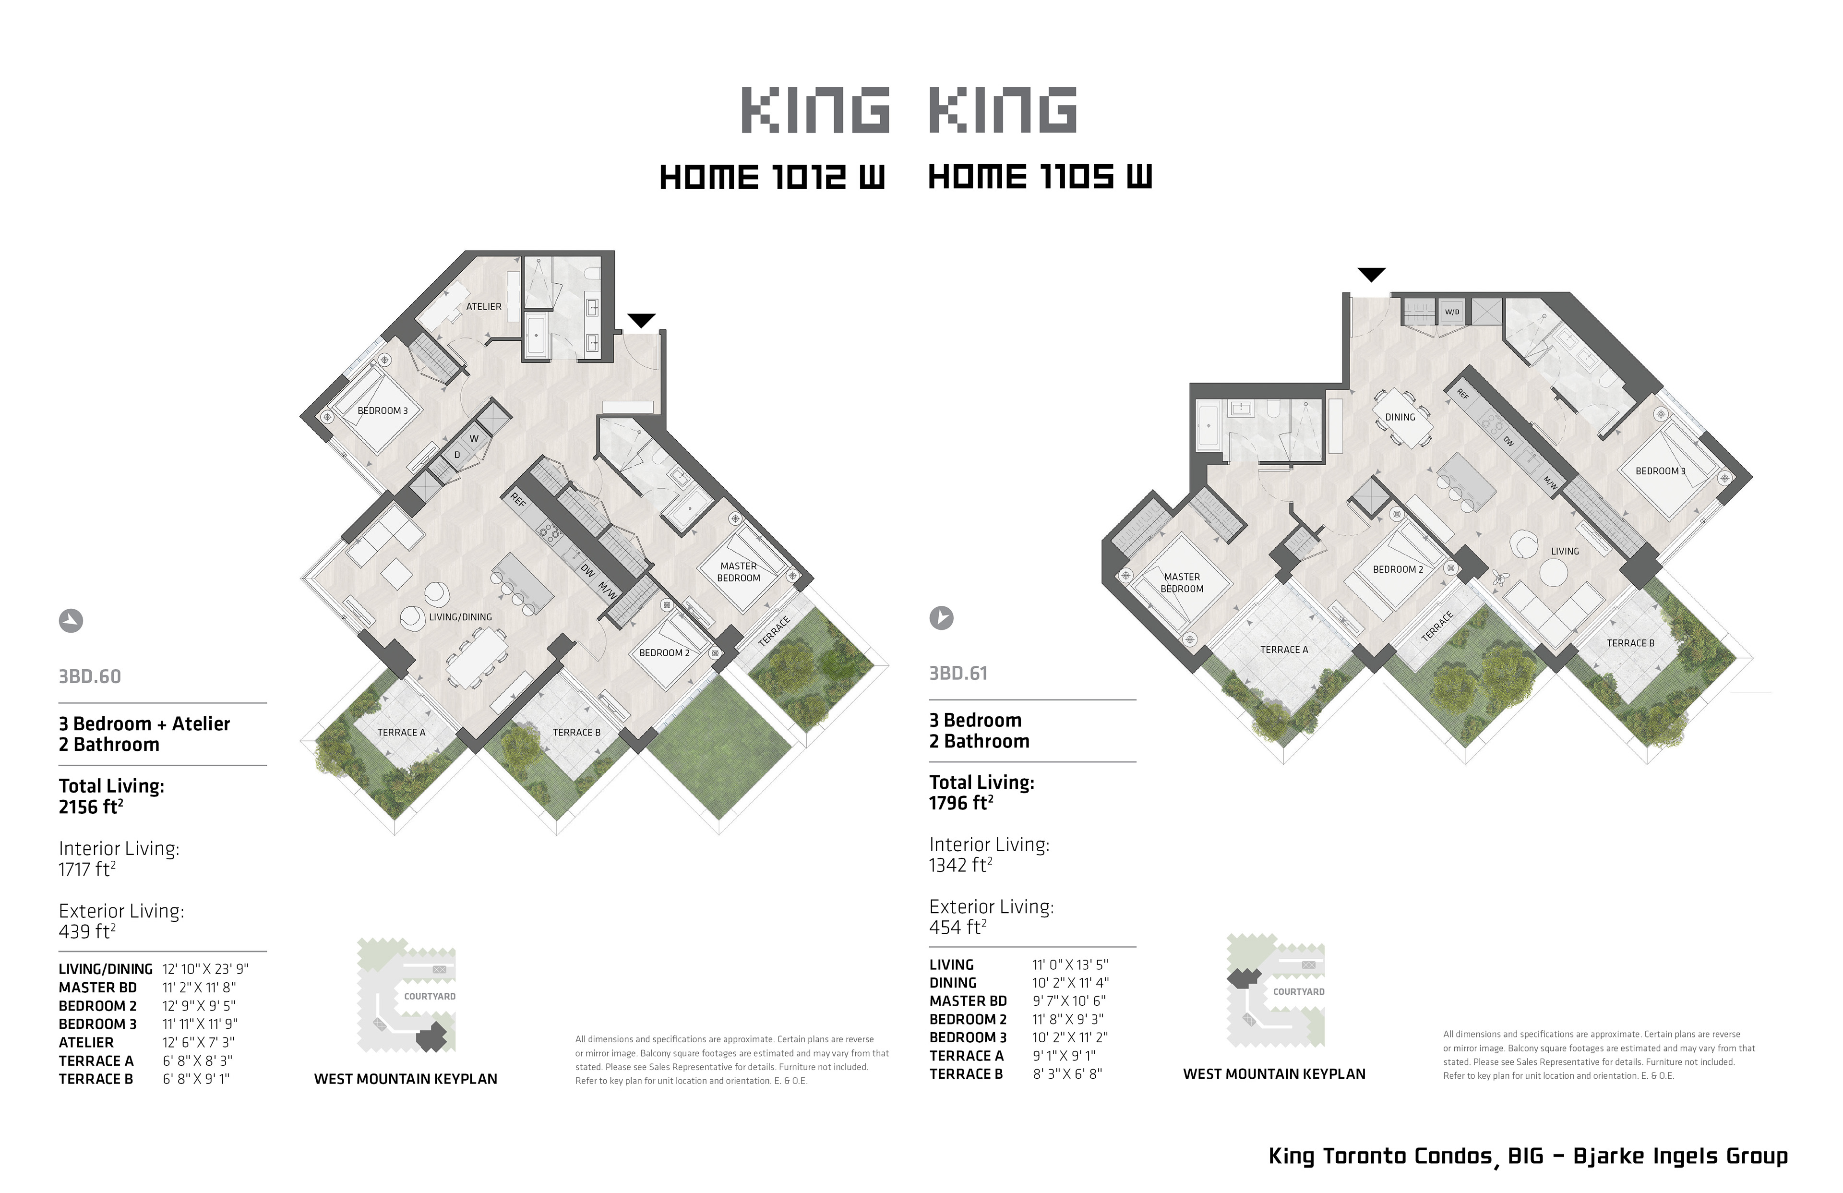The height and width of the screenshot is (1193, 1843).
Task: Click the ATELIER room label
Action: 484,307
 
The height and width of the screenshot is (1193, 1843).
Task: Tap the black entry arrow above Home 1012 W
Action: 642,320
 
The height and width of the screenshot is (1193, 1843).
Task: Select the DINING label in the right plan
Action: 1400,417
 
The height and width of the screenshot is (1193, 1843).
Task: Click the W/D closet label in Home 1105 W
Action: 1452,312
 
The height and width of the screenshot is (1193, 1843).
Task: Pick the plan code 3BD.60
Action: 90,676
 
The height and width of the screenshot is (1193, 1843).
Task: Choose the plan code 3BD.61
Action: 958,673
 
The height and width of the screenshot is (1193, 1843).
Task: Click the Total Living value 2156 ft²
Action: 91,807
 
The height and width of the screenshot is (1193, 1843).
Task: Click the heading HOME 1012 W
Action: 772,178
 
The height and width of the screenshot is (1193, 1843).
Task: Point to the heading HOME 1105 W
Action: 1040,178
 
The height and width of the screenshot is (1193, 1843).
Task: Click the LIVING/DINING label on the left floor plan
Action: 461,617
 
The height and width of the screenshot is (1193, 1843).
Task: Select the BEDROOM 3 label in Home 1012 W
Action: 383,410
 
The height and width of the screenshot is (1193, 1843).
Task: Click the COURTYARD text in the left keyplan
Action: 430,996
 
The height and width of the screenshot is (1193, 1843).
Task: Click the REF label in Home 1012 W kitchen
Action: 518,500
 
